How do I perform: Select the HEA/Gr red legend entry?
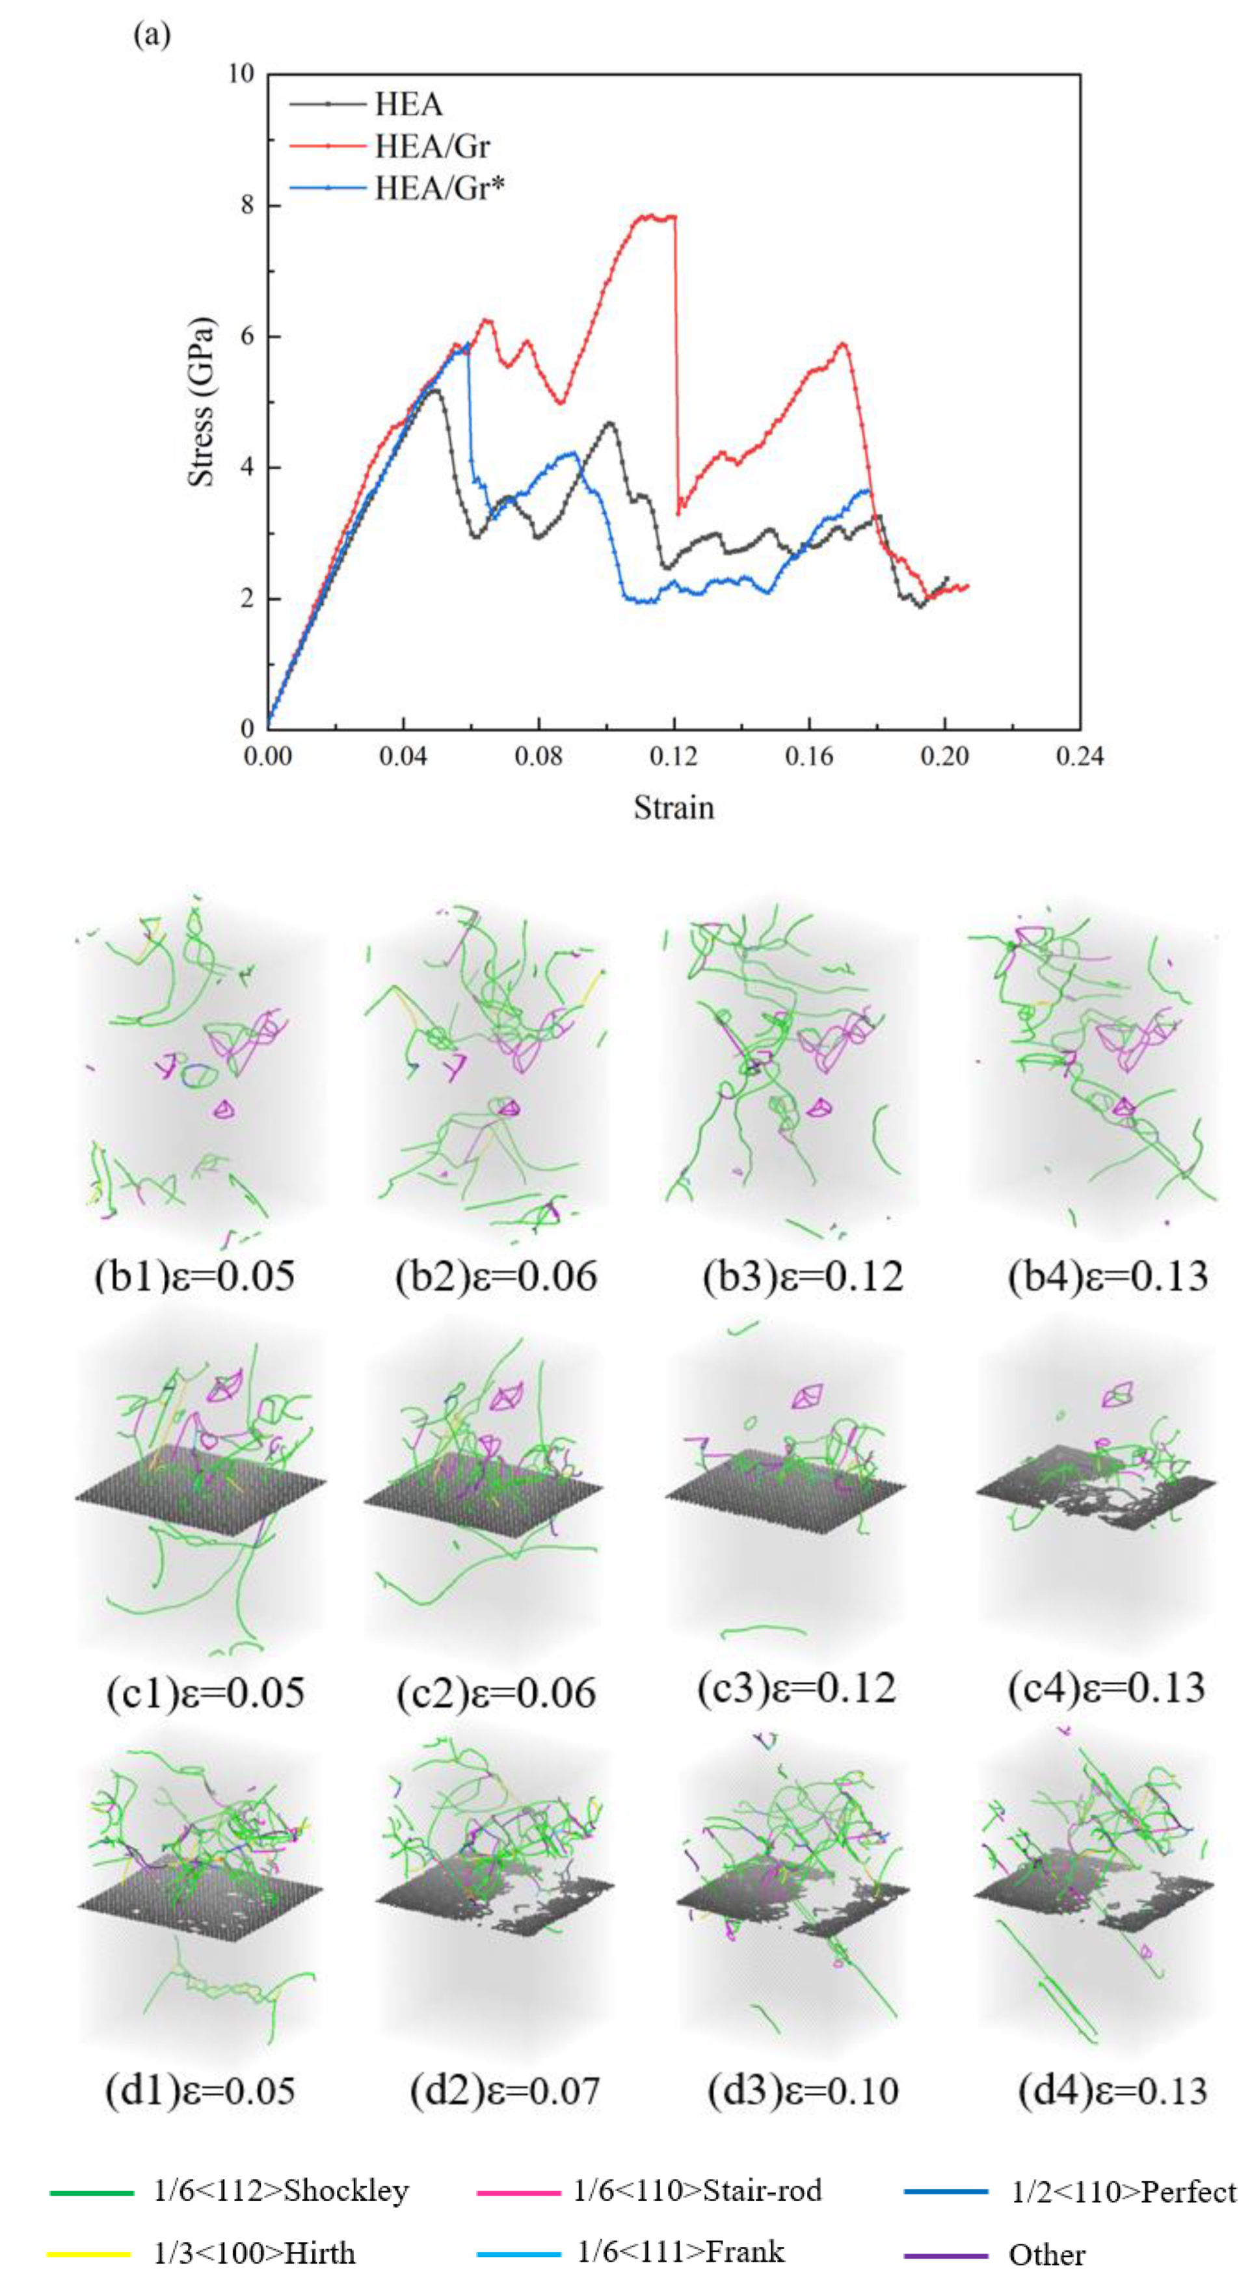coord(431,146)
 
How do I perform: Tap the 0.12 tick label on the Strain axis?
coord(673,756)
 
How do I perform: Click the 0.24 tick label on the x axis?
coord(1078,756)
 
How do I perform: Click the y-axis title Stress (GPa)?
coord(202,402)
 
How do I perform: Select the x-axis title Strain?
coord(673,807)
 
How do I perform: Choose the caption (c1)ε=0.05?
coord(204,1692)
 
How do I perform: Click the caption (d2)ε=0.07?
coord(504,2089)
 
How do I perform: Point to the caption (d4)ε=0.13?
coord(1112,2089)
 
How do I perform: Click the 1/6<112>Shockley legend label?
coord(281,2190)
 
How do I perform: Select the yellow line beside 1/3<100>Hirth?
coord(90,2253)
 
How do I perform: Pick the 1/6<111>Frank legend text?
coord(680,2251)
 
